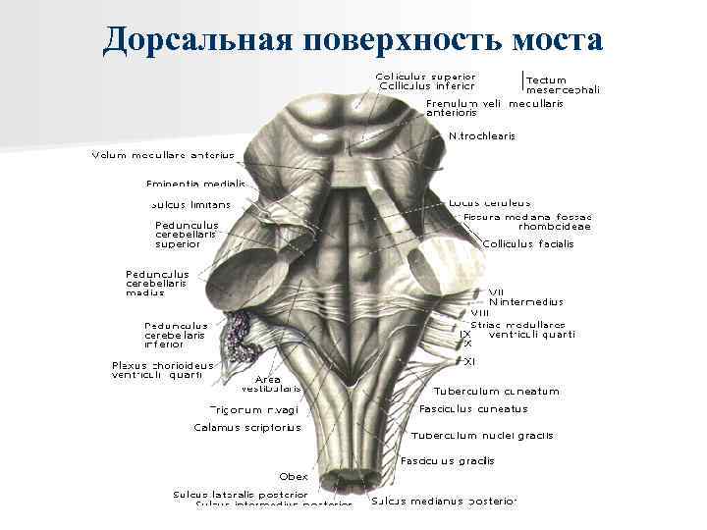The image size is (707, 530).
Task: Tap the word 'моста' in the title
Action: [557, 38]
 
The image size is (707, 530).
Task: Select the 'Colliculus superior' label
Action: [425, 76]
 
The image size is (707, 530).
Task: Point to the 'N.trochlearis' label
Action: [481, 136]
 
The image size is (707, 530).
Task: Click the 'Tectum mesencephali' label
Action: [563, 84]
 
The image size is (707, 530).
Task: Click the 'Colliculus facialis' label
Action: [528, 243]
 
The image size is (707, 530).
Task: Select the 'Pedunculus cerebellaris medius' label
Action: [157, 283]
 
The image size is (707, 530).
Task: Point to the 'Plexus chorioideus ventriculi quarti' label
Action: [162, 370]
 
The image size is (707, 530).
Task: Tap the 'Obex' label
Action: [294, 476]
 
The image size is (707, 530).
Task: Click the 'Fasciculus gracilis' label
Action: [447, 461]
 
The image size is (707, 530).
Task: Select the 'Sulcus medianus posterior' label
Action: [443, 501]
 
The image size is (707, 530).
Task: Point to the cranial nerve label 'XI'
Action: [469, 361]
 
